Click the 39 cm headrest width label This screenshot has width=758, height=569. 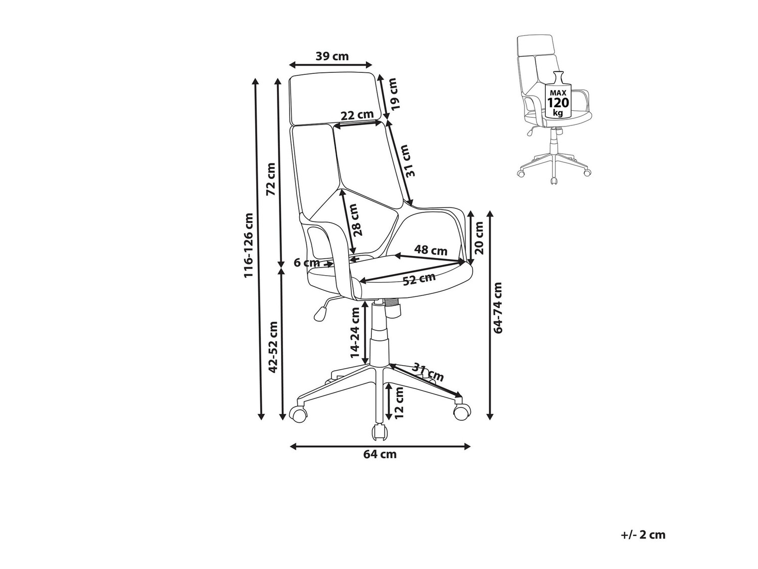(x=332, y=56)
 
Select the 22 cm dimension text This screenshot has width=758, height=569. (x=357, y=115)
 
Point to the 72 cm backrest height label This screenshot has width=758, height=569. (x=271, y=179)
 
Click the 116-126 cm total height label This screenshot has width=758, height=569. (x=249, y=245)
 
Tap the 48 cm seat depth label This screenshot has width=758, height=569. (x=431, y=250)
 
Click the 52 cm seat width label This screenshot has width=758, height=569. (x=419, y=279)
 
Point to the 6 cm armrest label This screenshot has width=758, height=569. (x=307, y=262)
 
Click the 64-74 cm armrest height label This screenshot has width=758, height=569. (x=499, y=308)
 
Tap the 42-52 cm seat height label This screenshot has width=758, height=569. (x=273, y=346)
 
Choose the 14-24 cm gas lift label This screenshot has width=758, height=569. (x=356, y=334)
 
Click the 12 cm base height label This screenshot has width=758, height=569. (x=399, y=402)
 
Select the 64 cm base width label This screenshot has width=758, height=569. (x=380, y=454)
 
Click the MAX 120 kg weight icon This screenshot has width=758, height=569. (x=558, y=98)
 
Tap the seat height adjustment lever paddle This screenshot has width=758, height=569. (x=319, y=314)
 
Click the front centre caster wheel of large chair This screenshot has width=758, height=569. (x=378, y=431)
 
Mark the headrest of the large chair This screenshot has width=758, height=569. (x=335, y=99)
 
